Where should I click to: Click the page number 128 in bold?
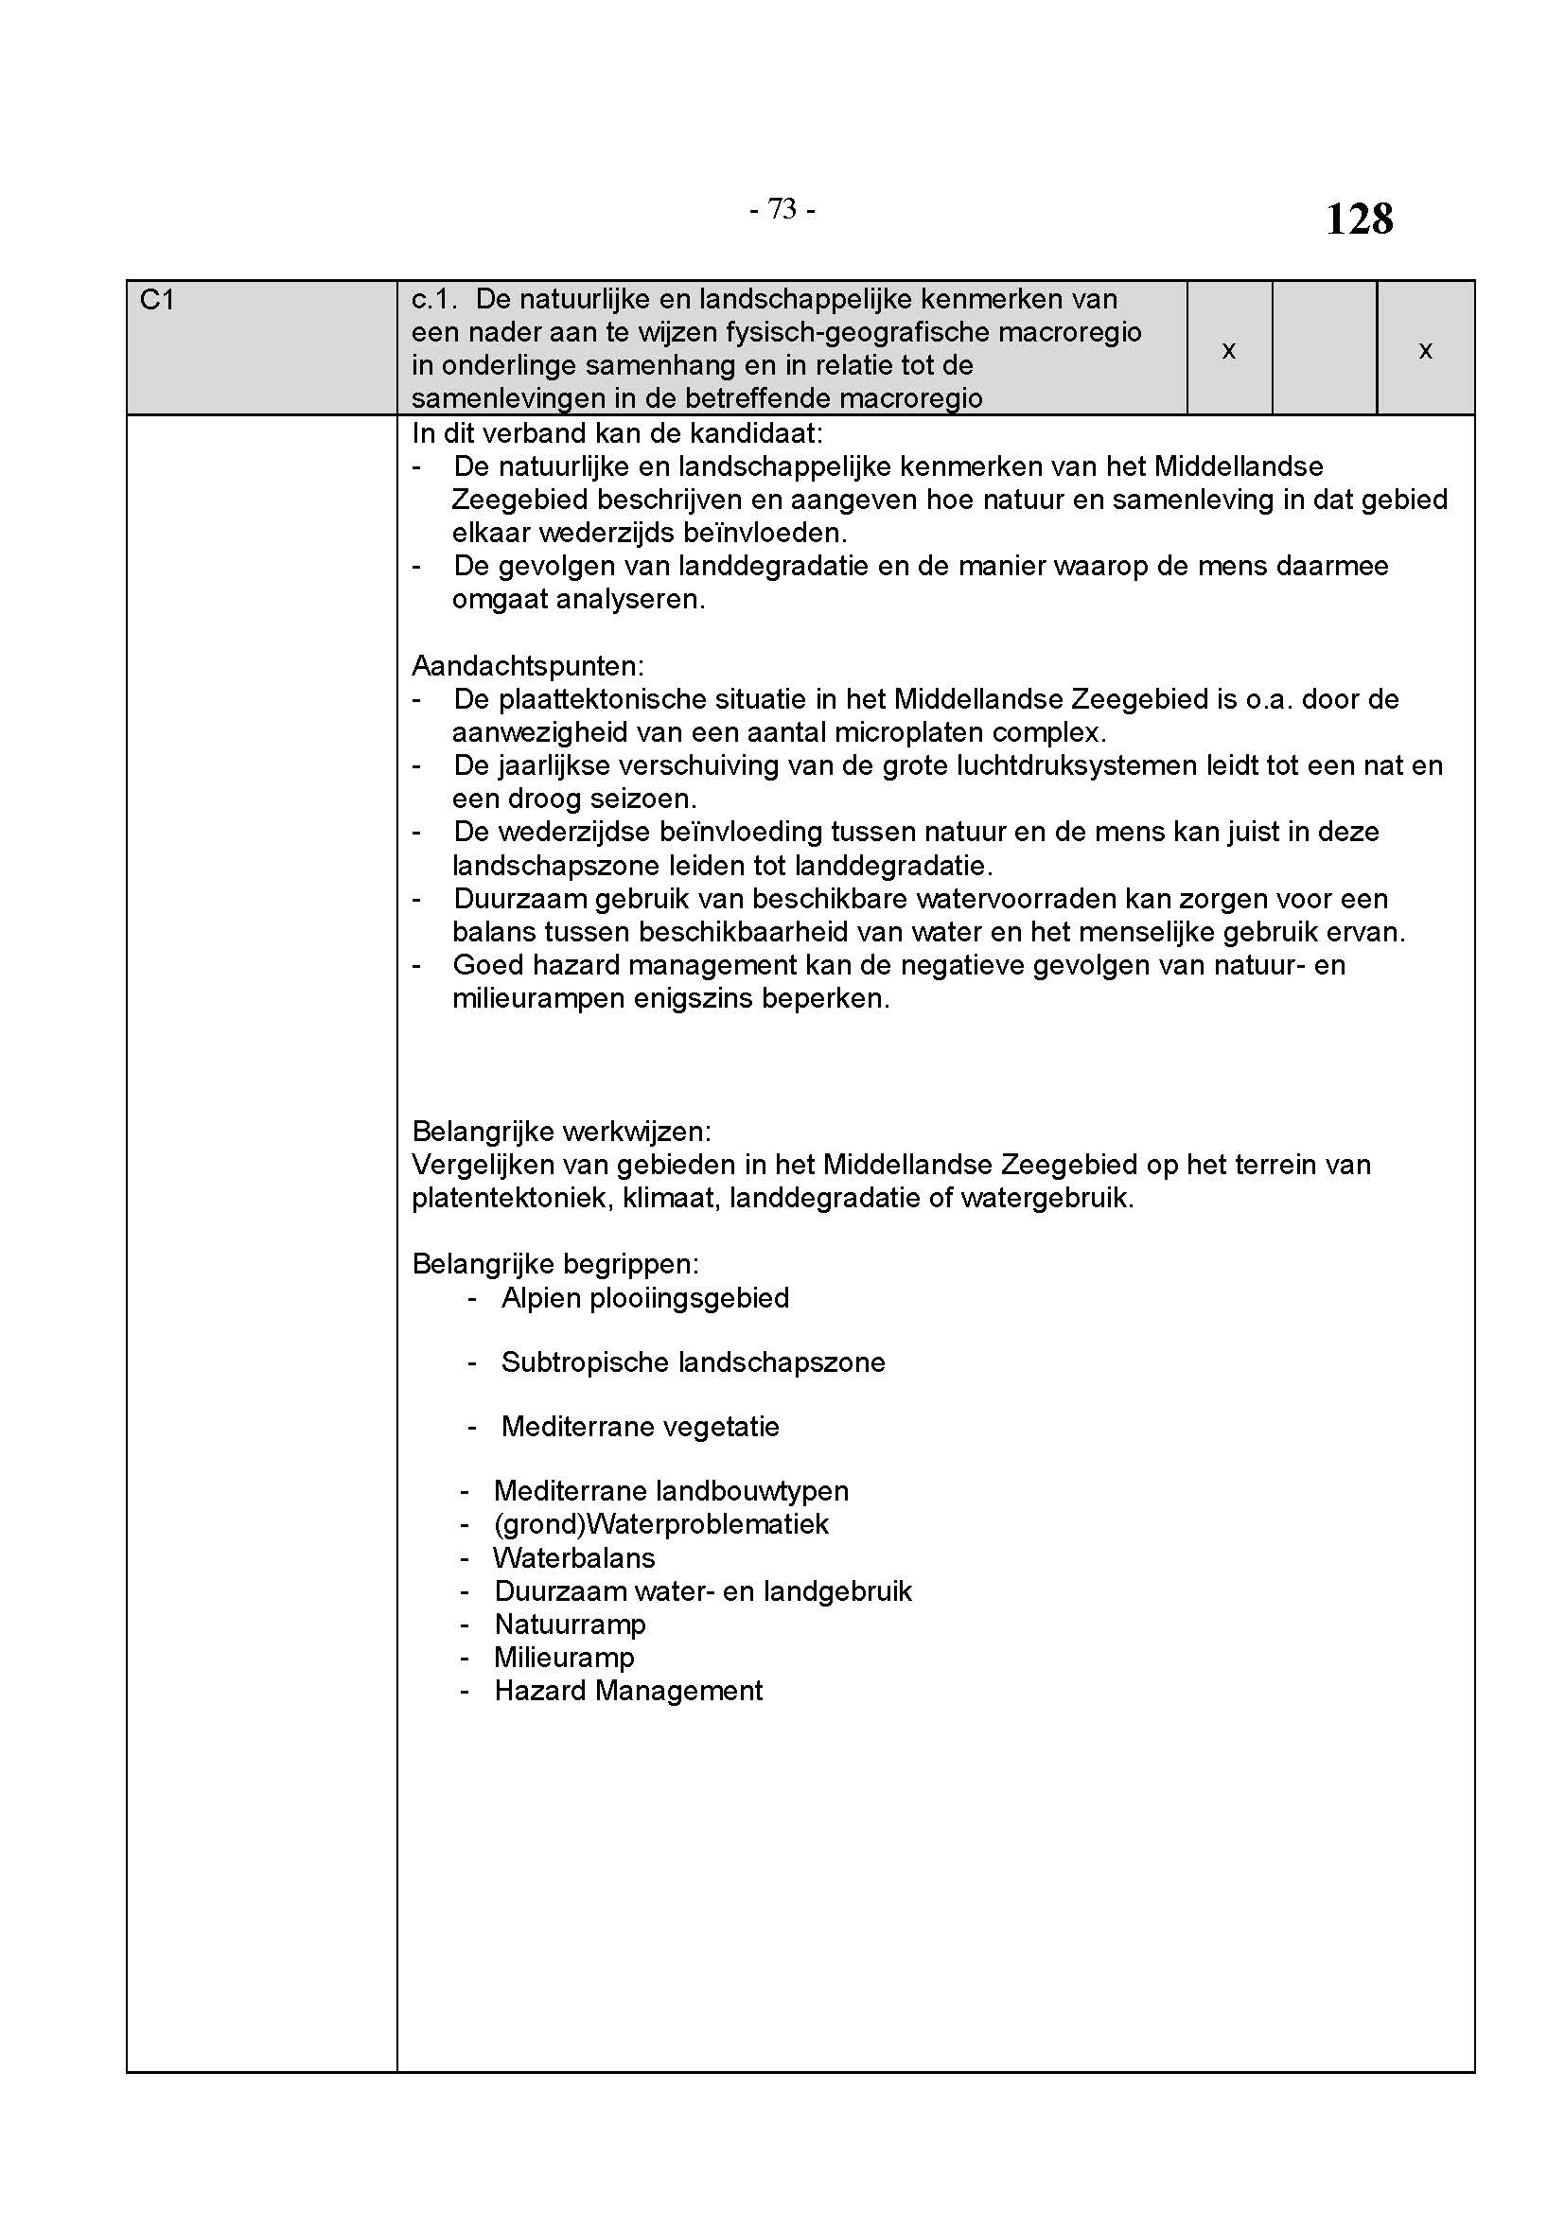(1359, 219)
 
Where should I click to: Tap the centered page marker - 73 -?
(782, 209)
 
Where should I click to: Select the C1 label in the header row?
(157, 301)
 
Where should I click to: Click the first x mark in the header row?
(1229, 351)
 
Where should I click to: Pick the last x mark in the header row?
(1425, 351)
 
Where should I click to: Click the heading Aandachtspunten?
(528, 666)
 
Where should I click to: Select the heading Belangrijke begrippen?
(556, 1264)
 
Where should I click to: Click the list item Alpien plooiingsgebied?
(644, 1298)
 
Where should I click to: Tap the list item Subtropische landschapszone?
(693, 1362)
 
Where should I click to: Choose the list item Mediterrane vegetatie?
(640, 1427)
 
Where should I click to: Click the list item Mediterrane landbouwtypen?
(671, 1491)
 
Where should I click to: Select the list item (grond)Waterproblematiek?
(660, 1524)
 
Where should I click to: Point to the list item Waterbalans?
(573, 1557)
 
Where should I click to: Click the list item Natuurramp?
(570, 1625)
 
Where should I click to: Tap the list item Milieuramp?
(564, 1658)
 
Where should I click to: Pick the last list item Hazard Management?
(628, 1691)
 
